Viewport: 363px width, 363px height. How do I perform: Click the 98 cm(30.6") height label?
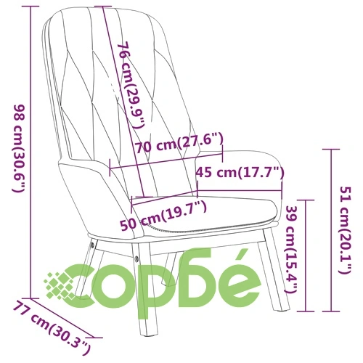click(19, 148)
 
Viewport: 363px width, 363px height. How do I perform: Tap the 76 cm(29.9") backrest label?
click(131, 86)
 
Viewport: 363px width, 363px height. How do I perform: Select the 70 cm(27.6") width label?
click(179, 144)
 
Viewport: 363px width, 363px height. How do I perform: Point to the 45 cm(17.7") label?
click(240, 172)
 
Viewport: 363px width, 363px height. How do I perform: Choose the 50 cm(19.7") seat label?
click(163, 216)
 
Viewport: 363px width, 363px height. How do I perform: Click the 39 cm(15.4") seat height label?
click(293, 249)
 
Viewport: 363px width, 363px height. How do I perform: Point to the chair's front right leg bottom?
click(282, 309)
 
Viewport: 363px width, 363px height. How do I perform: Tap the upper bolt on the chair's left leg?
click(92, 245)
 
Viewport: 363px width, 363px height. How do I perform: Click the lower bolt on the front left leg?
click(137, 258)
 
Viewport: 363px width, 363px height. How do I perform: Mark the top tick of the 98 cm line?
click(30, 7)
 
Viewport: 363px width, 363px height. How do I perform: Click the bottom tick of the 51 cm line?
click(331, 311)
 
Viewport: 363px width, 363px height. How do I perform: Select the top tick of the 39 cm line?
click(306, 200)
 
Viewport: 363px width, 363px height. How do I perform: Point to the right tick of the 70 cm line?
click(222, 154)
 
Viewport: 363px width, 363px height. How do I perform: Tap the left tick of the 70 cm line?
click(110, 168)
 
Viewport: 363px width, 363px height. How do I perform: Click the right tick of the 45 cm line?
click(282, 190)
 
